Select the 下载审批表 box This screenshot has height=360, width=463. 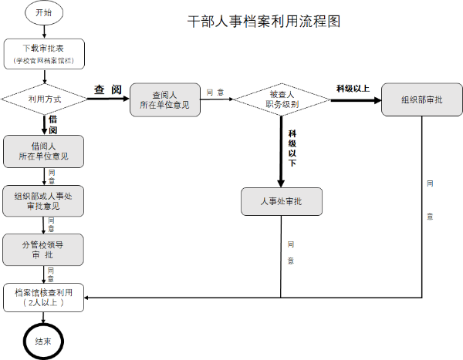click(43, 53)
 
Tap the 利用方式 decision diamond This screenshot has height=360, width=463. click(44, 99)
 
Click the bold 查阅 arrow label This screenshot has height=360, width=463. click(108, 90)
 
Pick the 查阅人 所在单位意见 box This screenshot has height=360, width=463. click(165, 99)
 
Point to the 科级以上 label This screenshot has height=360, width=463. click(353, 88)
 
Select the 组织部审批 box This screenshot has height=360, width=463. click(421, 99)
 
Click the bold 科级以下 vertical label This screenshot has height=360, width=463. click(292, 148)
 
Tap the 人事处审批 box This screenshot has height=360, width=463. click(281, 201)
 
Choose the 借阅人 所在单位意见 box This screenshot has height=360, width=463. click(43, 151)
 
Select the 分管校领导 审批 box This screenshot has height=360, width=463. click(43, 250)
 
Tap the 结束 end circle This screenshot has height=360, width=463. click(44, 340)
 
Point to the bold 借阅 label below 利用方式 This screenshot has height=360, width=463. click(52, 125)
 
